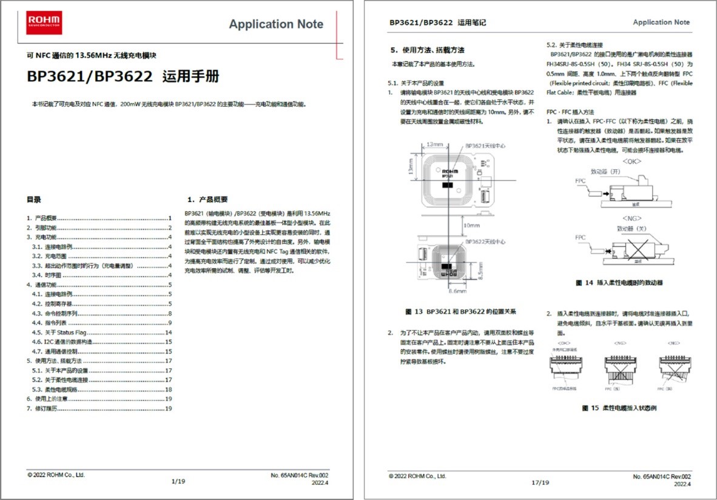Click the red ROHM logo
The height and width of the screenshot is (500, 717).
[44, 22]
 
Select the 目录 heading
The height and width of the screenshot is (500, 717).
[33, 199]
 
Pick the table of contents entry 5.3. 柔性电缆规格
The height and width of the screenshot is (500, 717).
[55, 390]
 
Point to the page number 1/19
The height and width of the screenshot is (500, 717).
[178, 481]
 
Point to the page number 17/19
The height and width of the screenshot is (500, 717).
[540, 483]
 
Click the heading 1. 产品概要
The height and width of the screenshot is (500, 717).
[207, 199]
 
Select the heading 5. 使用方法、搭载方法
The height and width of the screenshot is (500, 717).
[428, 50]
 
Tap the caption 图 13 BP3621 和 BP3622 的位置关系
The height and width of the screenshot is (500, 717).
[460, 311]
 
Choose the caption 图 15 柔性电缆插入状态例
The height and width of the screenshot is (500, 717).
[619, 408]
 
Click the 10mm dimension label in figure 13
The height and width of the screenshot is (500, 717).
[471, 225]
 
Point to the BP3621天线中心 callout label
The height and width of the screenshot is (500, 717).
[485, 146]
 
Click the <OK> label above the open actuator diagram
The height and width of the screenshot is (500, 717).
[631, 161]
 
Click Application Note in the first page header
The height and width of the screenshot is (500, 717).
[276, 24]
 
